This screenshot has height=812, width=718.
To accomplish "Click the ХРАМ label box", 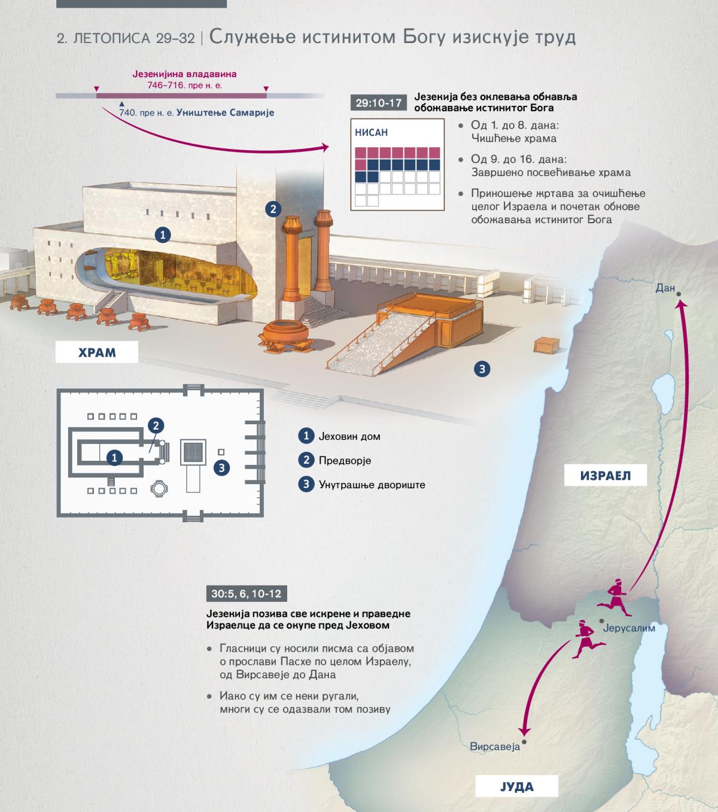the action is coord(96,352).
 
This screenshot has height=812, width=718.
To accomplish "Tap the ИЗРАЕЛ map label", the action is coord(606,475).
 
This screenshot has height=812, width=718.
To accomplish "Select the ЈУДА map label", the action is coord(517,786).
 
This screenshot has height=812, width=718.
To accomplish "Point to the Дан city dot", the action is coord(679,294).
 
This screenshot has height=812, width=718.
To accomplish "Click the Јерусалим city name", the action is coord(629,628).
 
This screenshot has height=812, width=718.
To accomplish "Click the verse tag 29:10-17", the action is coord(378,103).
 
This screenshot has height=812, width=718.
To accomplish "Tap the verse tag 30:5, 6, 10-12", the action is coord(247,594).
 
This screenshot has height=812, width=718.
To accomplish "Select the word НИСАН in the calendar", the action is coord(371,132).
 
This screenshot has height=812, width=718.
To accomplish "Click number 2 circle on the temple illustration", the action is coord(273,209).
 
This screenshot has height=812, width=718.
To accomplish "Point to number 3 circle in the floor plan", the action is coord(222,467).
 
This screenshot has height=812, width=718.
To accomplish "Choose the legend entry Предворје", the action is coord(345,461).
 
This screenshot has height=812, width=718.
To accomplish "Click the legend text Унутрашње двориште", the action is coord(372,485).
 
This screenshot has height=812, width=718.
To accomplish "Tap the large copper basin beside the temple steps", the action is coord(286,336).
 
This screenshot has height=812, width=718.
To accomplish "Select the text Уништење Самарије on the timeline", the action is coord(226,112).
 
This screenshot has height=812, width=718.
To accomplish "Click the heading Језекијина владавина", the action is coord(184,74).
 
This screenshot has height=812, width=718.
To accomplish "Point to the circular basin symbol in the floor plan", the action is coord(159,488).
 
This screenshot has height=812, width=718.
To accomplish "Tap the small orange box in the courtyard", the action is coord(546,345).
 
